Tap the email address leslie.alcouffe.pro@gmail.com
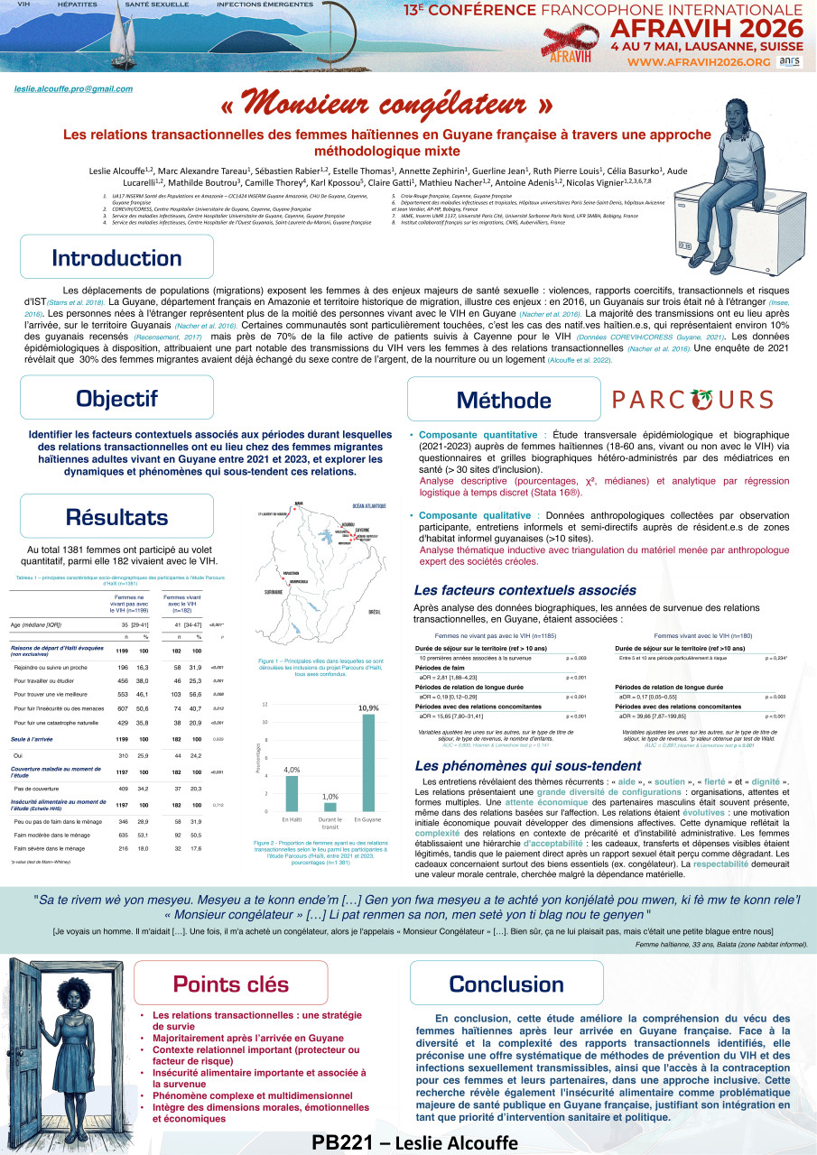coord(74,88)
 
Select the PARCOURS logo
coord(692,400)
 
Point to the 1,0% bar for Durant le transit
coord(330,806)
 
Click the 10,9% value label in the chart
coord(368,708)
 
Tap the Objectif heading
coord(116,399)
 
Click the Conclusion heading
coord(506,983)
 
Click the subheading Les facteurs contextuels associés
coord(525,590)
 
